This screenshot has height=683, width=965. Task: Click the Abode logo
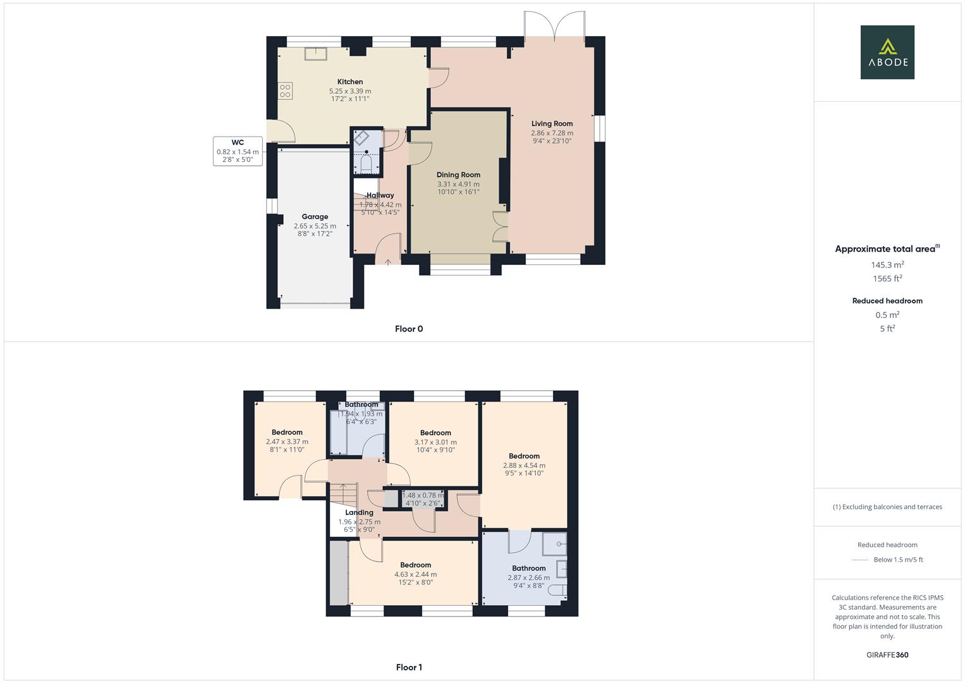pyautogui.click(x=887, y=52)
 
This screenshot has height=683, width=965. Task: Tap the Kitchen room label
pyautogui.click(x=350, y=82)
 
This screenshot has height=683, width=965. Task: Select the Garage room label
pyautogui.click(x=315, y=217)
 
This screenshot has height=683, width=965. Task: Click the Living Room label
pyautogui.click(x=552, y=124)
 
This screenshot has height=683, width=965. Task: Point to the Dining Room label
pyautogui.click(x=458, y=175)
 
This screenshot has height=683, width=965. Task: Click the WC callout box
pyautogui.click(x=238, y=151)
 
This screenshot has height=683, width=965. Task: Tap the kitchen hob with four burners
pyautogui.click(x=285, y=90)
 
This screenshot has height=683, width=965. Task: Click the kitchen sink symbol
pyautogui.click(x=316, y=54)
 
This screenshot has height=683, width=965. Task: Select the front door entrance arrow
pyautogui.click(x=387, y=261)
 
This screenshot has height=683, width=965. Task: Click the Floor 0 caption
pyautogui.click(x=409, y=329)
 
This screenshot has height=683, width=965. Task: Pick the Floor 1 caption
pyautogui.click(x=409, y=667)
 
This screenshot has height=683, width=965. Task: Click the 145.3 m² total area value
pyautogui.click(x=887, y=265)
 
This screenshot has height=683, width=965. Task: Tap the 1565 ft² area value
pyautogui.click(x=887, y=278)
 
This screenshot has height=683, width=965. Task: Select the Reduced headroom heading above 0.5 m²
pyautogui.click(x=887, y=301)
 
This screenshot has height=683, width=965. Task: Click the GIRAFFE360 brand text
pyautogui.click(x=887, y=655)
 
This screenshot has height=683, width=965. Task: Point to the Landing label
pyautogui.click(x=359, y=513)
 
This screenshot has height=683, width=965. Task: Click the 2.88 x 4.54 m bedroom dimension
pyautogui.click(x=524, y=465)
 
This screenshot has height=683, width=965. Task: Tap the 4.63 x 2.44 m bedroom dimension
pyautogui.click(x=415, y=574)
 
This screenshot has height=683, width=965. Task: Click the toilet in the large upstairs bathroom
pyautogui.click(x=557, y=591)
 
